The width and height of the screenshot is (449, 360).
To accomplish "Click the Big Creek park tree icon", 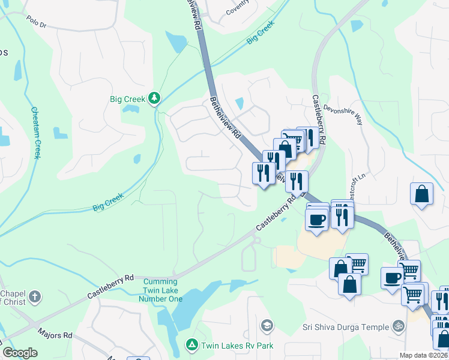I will (x=154, y=97).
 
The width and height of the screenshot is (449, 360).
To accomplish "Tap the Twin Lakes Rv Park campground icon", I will (x=191, y=345).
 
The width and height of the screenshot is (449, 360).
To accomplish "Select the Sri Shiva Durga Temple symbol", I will (x=397, y=326).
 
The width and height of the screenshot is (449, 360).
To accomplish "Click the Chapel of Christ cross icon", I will (x=35, y=296).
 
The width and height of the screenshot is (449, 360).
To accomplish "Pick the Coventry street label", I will (x=237, y=11).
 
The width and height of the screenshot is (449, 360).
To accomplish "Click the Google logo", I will (x=20, y=353).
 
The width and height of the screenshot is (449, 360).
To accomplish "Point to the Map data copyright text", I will (x=423, y=355).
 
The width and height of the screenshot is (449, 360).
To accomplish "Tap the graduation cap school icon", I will (x=266, y=326).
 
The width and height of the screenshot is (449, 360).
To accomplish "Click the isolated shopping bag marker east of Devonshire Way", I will (x=422, y=194).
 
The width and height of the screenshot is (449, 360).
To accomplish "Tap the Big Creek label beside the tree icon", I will (x=128, y=99).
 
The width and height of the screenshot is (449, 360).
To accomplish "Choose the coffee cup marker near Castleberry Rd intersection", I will (x=316, y=218).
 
